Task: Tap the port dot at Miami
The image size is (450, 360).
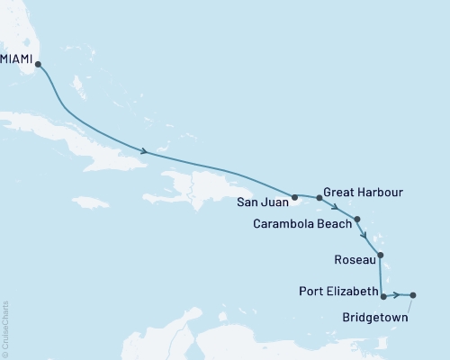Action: tap(38, 65)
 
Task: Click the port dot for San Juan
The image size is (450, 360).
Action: tap(294, 195)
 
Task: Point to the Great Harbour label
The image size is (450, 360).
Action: tap(363, 192)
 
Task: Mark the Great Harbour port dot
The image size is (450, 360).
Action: tap(319, 197)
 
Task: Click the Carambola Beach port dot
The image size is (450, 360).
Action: tap(358, 219)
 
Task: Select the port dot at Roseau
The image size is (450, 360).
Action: tap(381, 256)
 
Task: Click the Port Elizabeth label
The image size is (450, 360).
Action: tap(338, 292)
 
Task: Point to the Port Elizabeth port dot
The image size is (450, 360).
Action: tap(384, 295)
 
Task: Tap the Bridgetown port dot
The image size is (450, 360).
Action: tap(413, 295)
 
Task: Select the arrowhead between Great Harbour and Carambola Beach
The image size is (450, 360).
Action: tap(336, 206)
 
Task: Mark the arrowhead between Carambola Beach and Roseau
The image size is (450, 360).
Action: tap(364, 237)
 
